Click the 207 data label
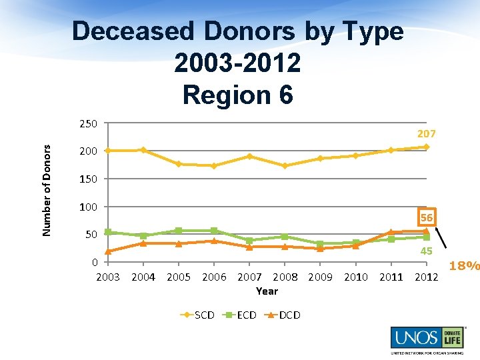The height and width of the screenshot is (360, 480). point(427,134)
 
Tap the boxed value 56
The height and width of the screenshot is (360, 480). point(427,218)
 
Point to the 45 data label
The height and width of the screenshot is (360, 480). point(427,251)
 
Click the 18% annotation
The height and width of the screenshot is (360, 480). point(464,266)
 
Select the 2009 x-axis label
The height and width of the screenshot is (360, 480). point(320,277)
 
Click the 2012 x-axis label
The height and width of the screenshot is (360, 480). point(427,277)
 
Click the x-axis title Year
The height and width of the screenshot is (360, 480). point(267,291)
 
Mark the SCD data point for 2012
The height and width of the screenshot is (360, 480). point(427,147)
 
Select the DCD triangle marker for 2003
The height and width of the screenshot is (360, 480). point(107,251)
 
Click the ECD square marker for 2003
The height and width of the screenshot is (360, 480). point(107,232)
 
